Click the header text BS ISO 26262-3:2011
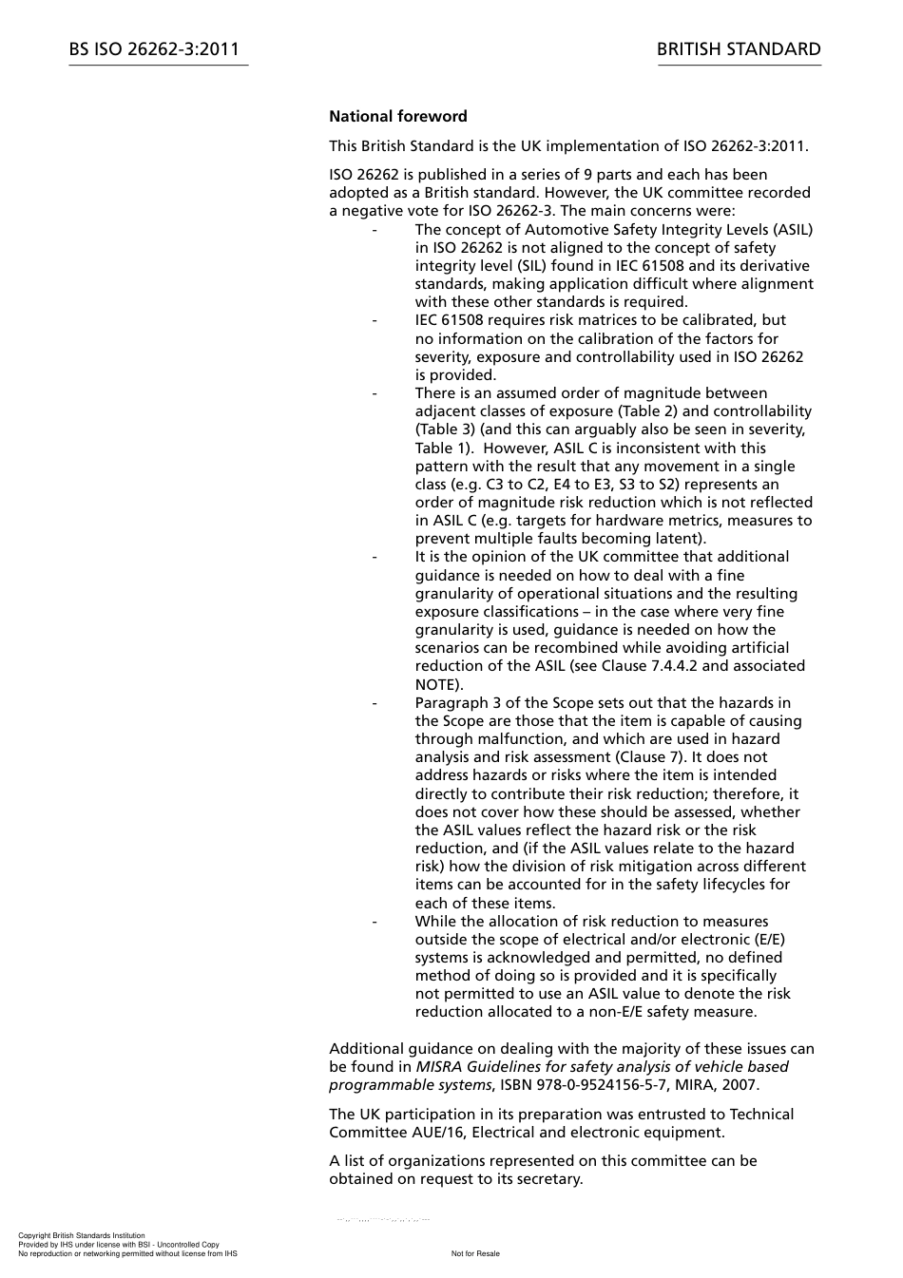[154, 49]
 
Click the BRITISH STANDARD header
[739, 49]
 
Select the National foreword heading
[398, 117]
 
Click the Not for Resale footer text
[475, 1253]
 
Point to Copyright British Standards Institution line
[82, 1235]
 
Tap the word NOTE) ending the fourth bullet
[439, 684]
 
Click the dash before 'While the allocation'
[375, 922]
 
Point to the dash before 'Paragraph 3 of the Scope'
[375, 703]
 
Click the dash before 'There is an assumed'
[375, 393]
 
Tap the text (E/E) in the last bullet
[766, 940]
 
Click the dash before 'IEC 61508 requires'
[375, 320]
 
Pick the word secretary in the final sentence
[547, 1179]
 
